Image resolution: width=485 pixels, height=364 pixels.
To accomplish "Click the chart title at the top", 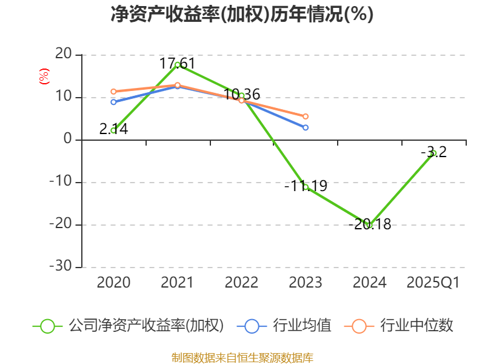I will pos(242,15).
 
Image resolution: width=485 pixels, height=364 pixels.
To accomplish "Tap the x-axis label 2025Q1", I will pos(433,283).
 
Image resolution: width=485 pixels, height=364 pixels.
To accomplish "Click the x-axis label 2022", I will pos(241,283).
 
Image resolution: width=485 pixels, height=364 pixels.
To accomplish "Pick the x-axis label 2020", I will pos(113,283).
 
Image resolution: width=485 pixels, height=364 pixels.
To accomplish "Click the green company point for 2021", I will pos(178,64).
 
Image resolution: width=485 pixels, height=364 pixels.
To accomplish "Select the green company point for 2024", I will pos(369,225).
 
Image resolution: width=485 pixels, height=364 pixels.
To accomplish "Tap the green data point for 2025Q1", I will pos(434,153).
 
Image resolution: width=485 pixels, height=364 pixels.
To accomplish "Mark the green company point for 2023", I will pos(306,187).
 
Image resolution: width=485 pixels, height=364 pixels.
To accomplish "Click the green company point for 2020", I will pos(113,130).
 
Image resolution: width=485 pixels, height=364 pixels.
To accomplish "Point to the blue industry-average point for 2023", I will pos(306,127).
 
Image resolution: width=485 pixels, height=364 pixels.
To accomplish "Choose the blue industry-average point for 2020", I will pos(113,102).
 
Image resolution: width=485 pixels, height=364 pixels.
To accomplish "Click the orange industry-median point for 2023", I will pos(306,116).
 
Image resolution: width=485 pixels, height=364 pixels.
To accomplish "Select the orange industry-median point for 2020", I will pos(113,92).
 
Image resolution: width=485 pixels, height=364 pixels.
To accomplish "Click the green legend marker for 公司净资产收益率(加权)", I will pos(48,326).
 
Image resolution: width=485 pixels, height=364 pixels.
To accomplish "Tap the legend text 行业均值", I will pos(302,326).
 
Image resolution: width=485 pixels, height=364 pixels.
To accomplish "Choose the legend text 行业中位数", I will pos(416,326).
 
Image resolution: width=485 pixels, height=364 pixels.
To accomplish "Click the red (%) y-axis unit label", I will pos(44,76).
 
